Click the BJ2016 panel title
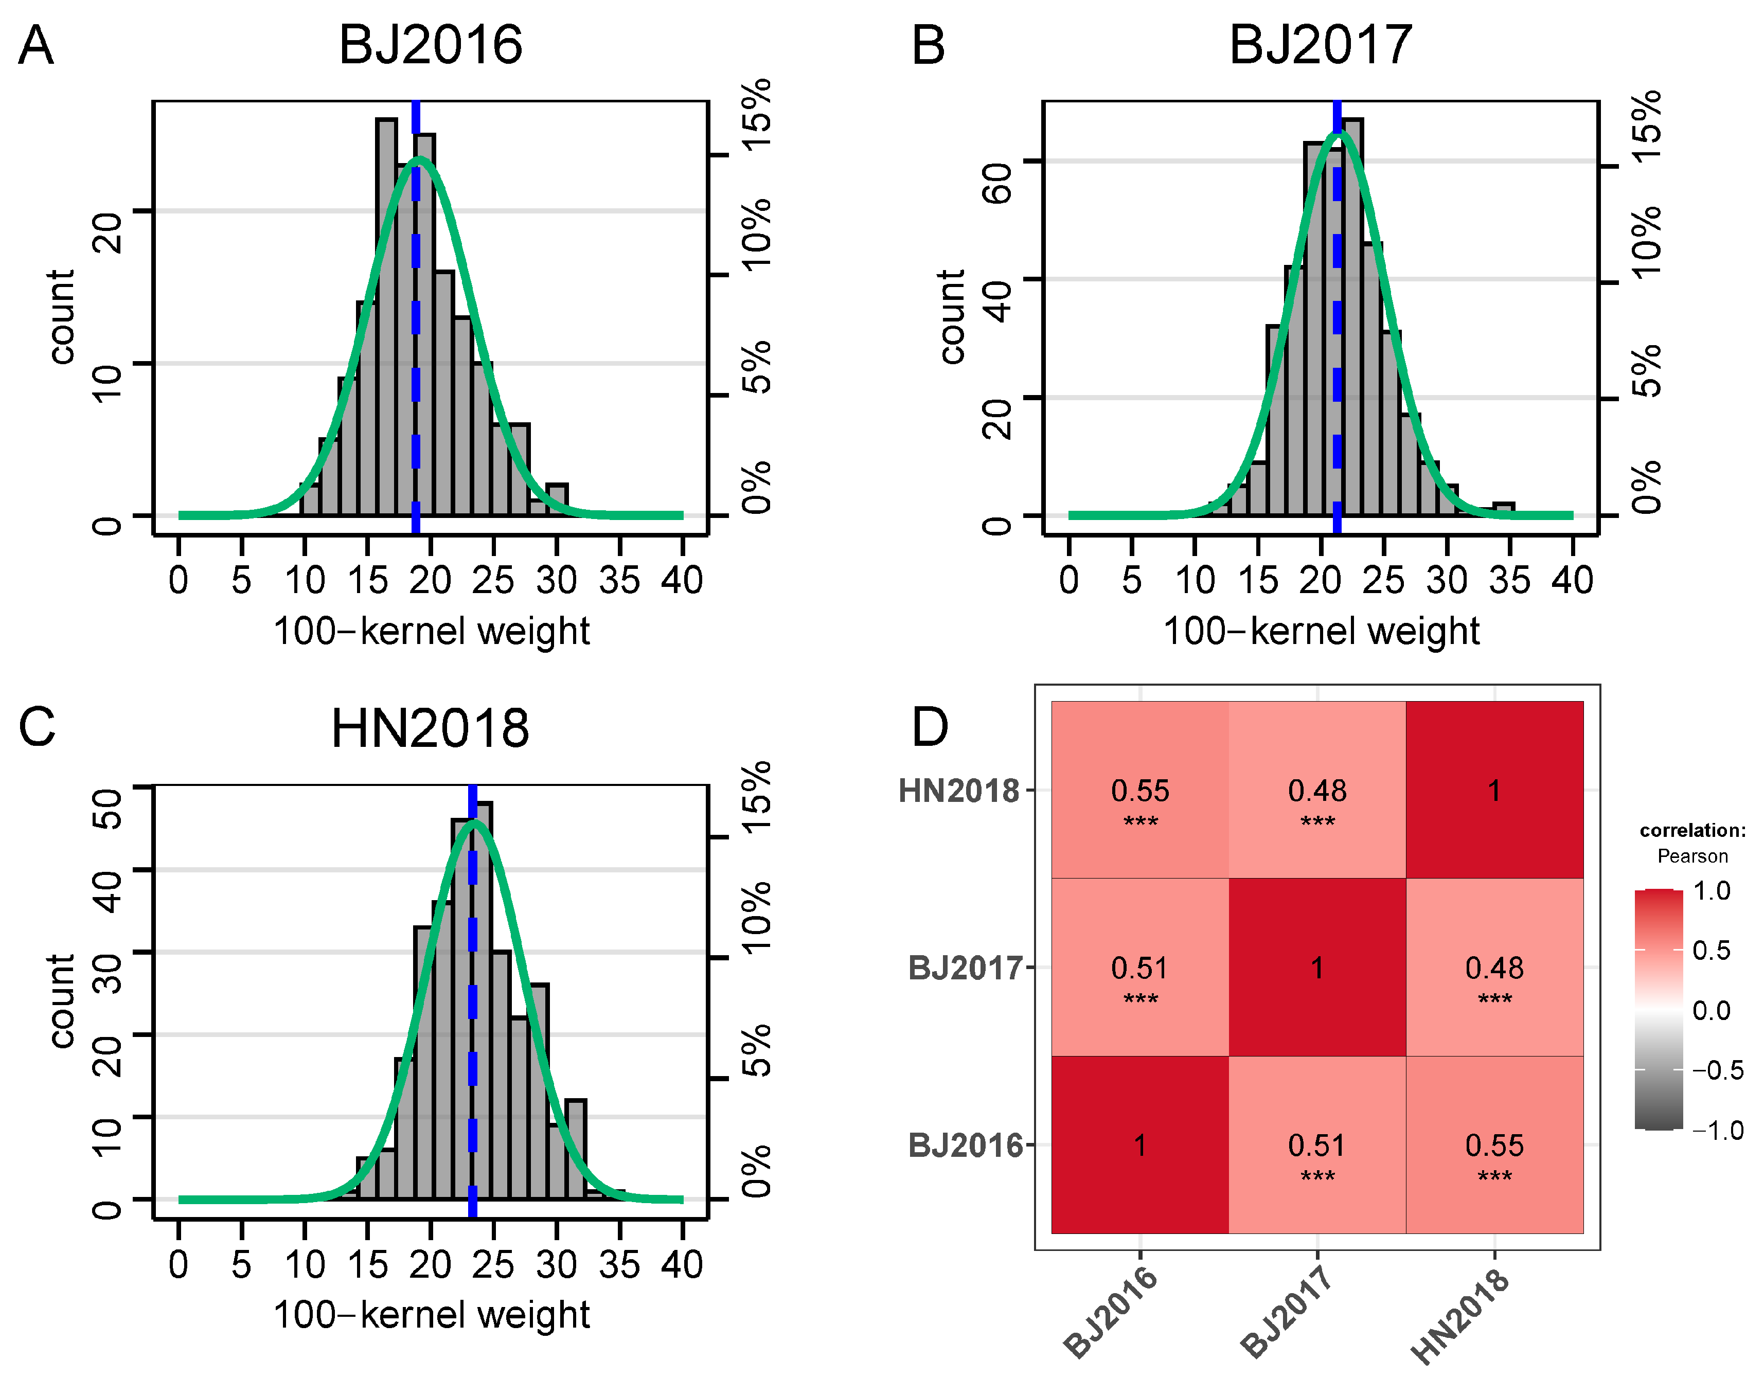(x=431, y=44)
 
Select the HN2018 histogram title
(x=431, y=728)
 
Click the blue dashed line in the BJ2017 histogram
(x=1337, y=323)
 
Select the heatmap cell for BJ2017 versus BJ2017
(x=1317, y=968)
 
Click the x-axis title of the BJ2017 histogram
(x=1322, y=631)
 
